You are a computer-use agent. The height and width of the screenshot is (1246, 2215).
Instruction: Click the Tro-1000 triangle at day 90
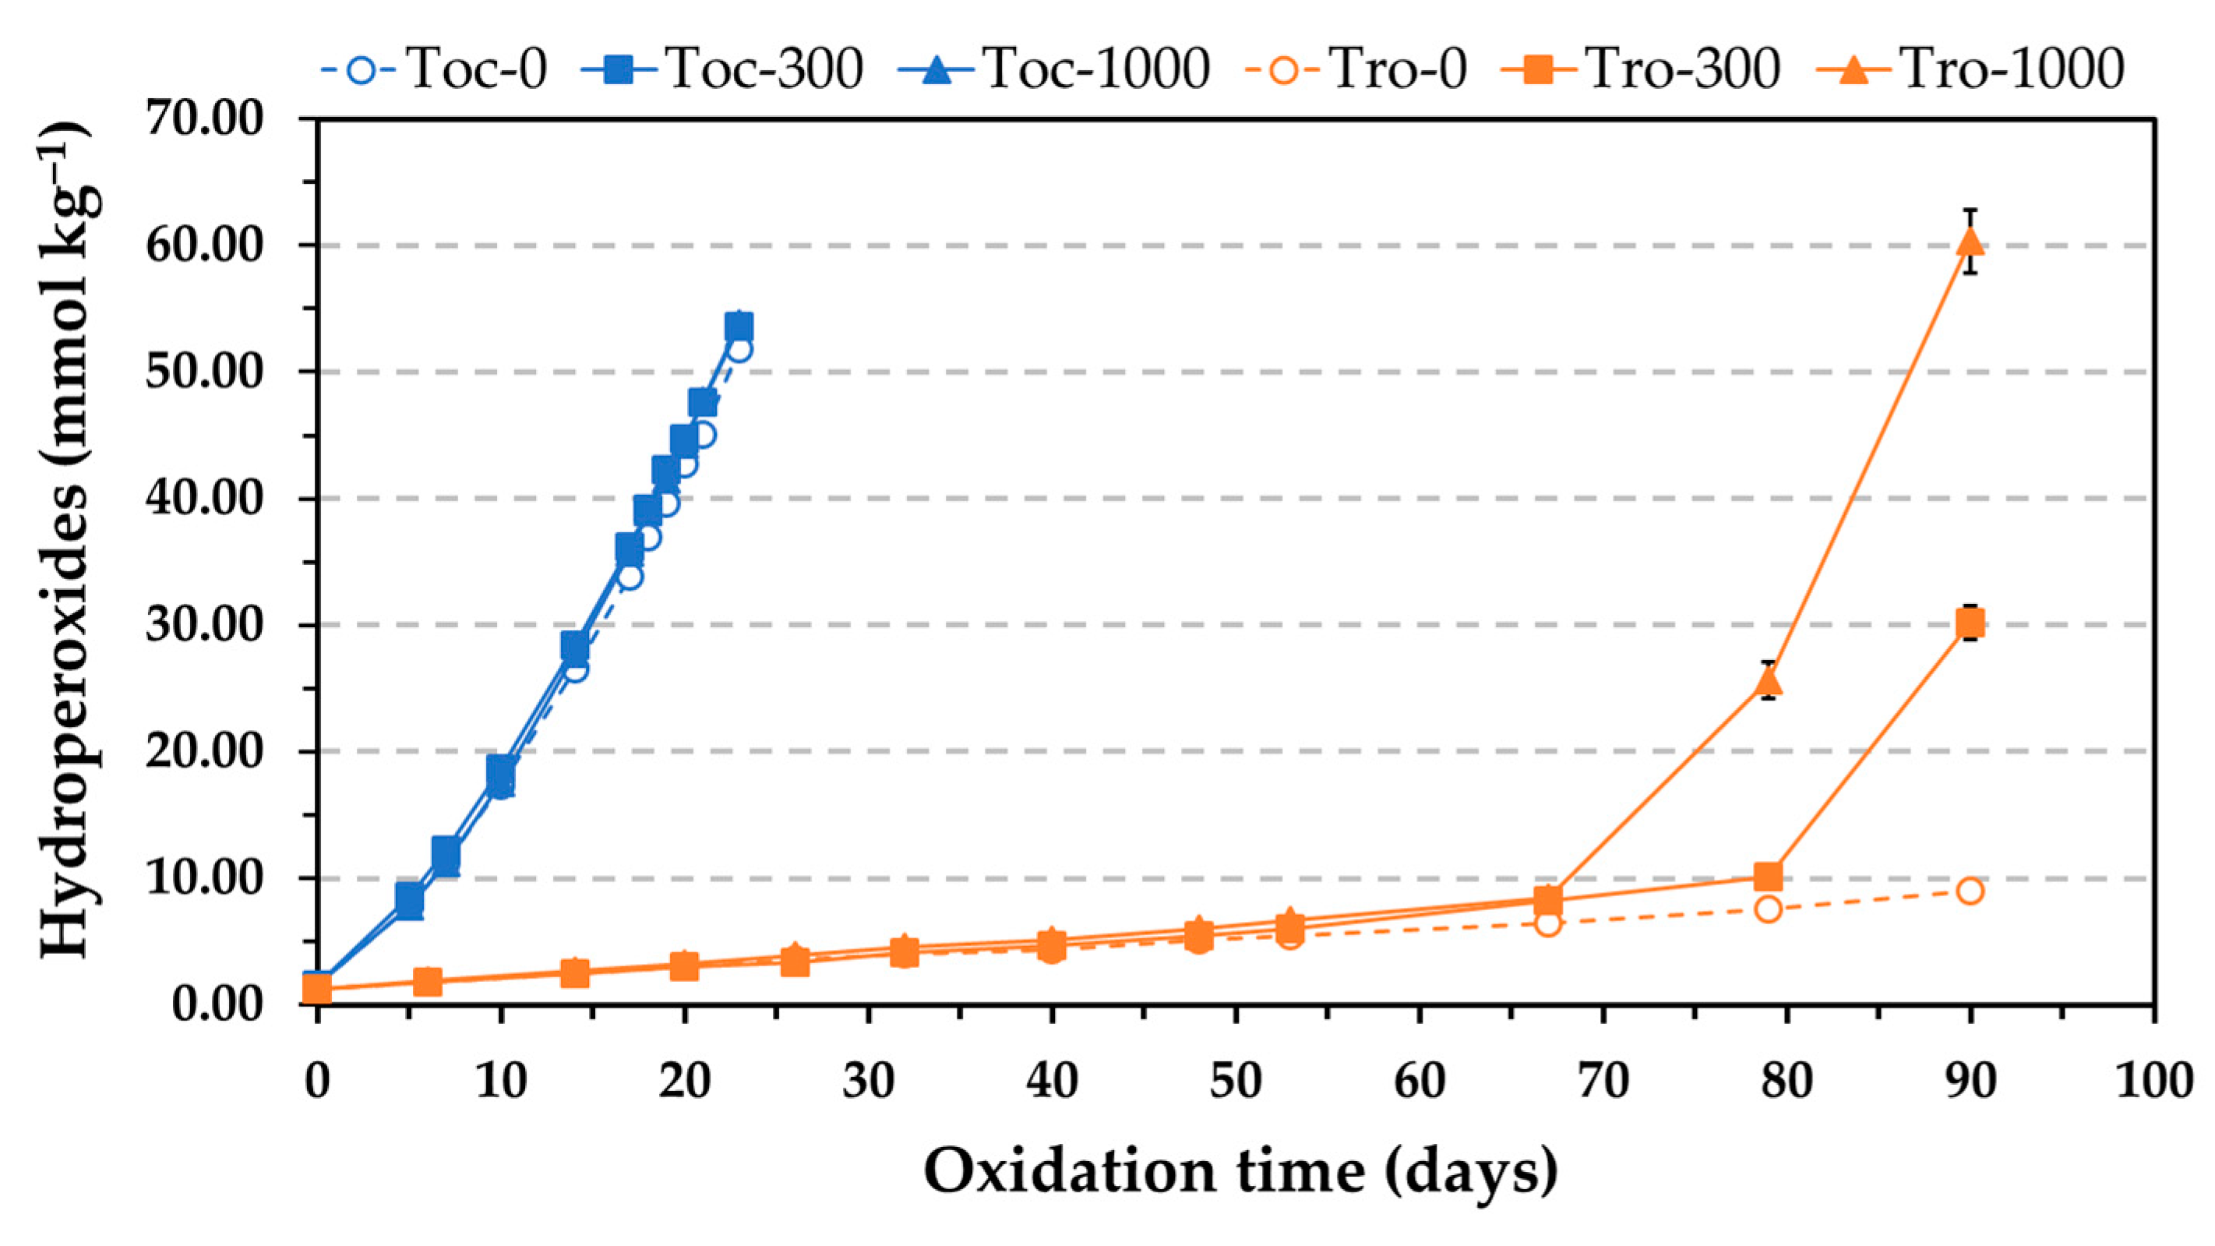click(x=1970, y=243)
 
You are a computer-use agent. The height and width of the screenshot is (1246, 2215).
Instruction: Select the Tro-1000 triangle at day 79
click(x=1768, y=682)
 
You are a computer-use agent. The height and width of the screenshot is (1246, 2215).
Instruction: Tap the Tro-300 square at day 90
click(x=1970, y=622)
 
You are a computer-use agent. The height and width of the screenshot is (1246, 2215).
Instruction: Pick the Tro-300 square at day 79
click(x=1768, y=876)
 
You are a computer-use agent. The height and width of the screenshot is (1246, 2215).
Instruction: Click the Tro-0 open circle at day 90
click(x=1970, y=891)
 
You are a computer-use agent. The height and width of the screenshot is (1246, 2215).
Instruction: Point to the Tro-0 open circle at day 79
click(x=1768, y=909)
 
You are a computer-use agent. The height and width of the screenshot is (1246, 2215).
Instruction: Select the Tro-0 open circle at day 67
click(x=1548, y=923)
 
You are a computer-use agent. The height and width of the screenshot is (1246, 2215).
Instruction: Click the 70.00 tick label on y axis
click(x=204, y=118)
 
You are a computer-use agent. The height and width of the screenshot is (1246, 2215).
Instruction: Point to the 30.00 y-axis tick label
click(x=204, y=625)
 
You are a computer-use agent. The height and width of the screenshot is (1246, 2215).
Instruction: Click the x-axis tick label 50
click(x=1236, y=1080)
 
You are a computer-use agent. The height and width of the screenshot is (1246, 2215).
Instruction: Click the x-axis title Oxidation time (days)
click(x=1240, y=1171)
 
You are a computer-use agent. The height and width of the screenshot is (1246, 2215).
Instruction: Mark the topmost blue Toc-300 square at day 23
click(x=739, y=327)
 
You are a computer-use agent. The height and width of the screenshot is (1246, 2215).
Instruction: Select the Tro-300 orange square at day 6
click(x=428, y=981)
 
